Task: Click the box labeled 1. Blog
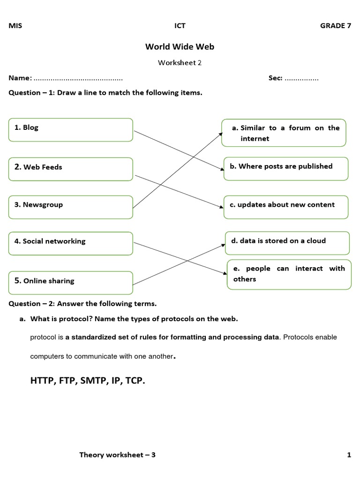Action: click(70, 129)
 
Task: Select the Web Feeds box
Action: click(70, 169)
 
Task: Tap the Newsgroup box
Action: click(70, 207)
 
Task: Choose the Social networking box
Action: click(70, 243)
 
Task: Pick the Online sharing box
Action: click(70, 282)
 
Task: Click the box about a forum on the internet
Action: click(284, 133)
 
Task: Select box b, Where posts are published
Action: click(285, 168)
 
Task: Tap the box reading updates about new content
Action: click(285, 207)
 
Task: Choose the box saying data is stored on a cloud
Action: click(287, 242)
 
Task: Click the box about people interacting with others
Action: click(289, 274)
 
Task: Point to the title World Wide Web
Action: click(180, 46)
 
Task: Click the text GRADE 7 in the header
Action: click(335, 26)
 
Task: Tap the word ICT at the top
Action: click(180, 26)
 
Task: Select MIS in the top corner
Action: click(15, 26)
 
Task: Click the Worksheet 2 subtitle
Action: click(180, 62)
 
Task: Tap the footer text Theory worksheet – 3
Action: click(117, 455)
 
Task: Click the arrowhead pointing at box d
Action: click(224, 244)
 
